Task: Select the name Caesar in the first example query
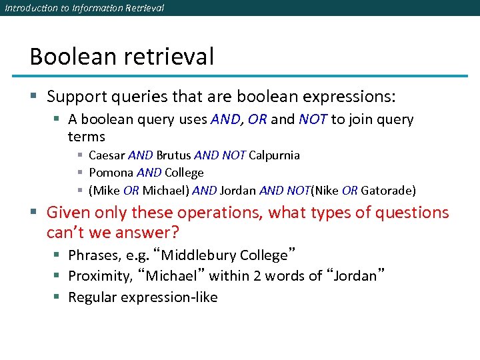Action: (107, 155)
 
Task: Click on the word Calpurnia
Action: (274, 155)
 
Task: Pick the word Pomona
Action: (110, 173)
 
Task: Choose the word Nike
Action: (325, 191)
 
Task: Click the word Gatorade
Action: (387, 191)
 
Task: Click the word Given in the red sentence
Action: (67, 213)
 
